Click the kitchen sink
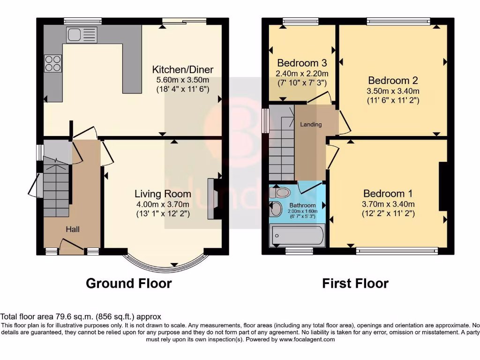tap(82, 35)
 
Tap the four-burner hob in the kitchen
tap(53, 63)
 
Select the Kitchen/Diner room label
tap(182, 70)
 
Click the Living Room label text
tap(163, 194)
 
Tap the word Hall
tap(72, 229)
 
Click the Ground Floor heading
tap(128, 283)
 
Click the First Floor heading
tap(355, 283)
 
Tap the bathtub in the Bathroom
tap(297, 235)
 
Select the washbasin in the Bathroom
tap(277, 209)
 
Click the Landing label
tap(311, 124)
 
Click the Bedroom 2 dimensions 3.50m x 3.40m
tap(393, 91)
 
